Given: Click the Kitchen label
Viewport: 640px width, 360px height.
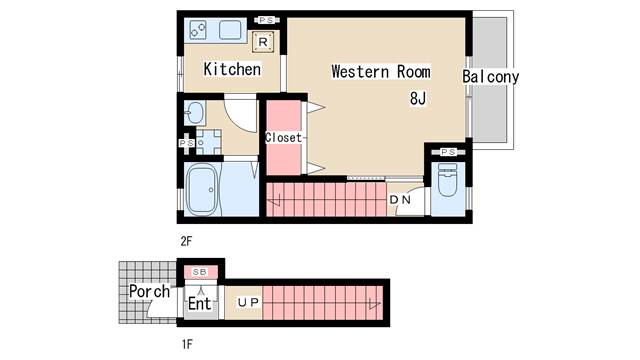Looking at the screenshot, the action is point(232,69).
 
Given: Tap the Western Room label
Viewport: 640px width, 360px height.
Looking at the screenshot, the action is point(381,72).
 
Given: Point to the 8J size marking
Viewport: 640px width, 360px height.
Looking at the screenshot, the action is point(418,98).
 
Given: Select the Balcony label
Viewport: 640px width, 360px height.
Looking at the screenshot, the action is point(491,77).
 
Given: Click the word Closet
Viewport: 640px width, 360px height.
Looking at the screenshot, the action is point(284,138).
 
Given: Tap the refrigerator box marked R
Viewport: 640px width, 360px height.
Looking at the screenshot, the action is point(263,42).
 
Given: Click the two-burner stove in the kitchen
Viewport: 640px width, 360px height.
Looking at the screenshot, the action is point(198,30).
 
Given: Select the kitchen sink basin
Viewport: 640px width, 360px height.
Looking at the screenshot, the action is point(230,30).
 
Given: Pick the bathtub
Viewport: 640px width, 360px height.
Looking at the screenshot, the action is point(202,189).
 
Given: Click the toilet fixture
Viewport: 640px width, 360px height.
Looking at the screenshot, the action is point(447,180).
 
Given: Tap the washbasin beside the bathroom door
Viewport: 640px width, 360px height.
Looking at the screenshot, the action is point(194,113).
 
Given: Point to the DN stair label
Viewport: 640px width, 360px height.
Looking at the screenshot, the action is point(400,200).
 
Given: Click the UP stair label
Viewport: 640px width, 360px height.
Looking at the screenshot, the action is point(248,302).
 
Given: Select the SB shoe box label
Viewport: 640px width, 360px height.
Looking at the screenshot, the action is point(200,272).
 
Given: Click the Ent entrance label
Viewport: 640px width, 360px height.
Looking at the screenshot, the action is point(200,303).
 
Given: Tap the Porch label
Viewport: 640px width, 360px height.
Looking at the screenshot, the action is point(149,291).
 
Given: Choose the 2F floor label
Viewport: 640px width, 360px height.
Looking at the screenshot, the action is point(186,241).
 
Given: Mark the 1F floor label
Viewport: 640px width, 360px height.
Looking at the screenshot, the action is point(187,344).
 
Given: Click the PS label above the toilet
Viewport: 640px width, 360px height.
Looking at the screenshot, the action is point(448,152).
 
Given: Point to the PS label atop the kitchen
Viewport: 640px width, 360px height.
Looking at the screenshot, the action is point(267,20).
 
